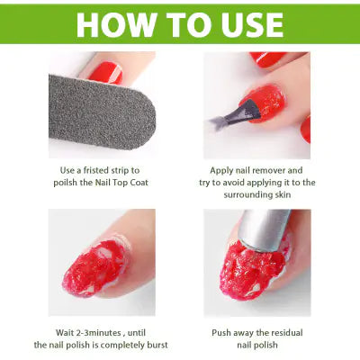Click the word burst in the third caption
(154, 345)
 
